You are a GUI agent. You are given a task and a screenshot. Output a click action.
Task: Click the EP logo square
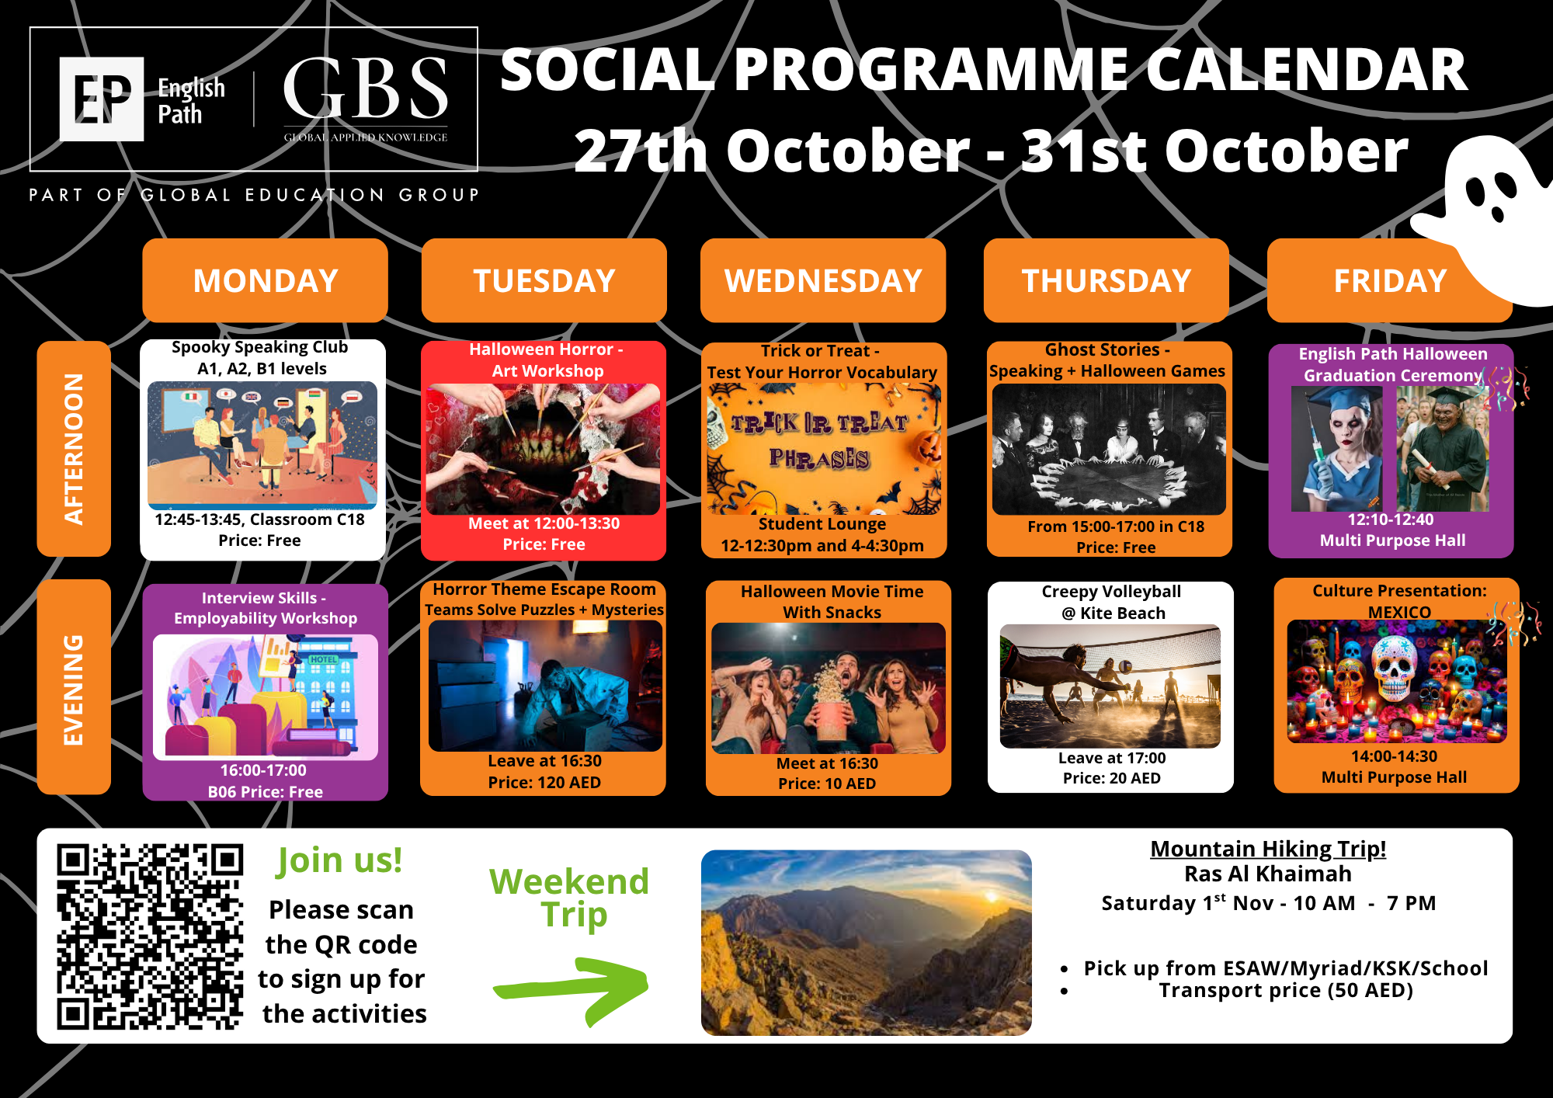click(x=102, y=99)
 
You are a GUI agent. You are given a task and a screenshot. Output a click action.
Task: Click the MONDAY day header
click(x=266, y=280)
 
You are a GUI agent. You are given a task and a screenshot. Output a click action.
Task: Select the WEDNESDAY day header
click(x=823, y=280)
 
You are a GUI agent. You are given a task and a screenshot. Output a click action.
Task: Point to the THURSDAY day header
click(x=1107, y=280)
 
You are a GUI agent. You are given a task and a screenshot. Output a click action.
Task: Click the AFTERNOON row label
click(x=74, y=449)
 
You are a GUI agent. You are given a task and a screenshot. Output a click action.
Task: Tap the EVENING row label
click(x=74, y=687)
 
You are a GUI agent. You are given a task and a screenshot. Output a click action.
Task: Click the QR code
click(x=150, y=936)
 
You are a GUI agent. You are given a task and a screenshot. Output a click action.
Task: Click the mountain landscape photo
click(x=867, y=943)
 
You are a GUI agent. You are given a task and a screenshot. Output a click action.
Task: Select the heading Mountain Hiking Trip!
click(x=1268, y=849)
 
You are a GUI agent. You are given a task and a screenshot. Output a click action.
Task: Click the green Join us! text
click(x=340, y=860)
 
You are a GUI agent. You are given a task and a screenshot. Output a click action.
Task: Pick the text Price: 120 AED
click(x=544, y=783)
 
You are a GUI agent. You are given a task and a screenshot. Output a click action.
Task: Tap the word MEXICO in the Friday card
click(x=1399, y=612)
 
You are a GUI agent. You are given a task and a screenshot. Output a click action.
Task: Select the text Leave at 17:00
click(x=1112, y=758)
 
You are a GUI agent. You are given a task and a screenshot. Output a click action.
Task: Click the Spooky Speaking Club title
click(x=260, y=347)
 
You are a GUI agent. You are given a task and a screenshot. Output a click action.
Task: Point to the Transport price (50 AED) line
click(x=1286, y=990)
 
